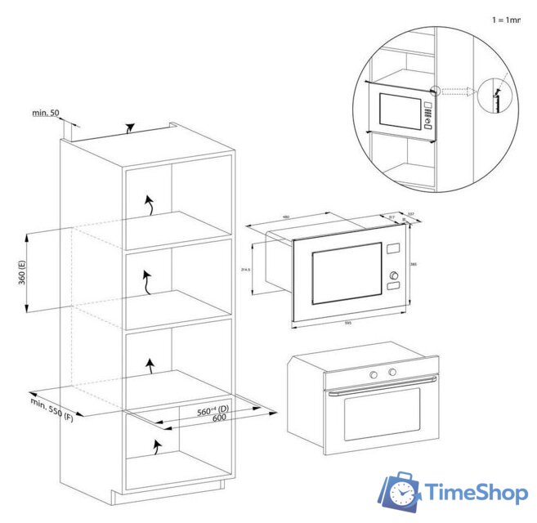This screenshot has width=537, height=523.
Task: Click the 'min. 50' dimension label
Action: tap(46, 113)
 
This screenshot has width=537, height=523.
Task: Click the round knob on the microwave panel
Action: tap(394, 275)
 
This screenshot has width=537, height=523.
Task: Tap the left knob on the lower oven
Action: tap(373, 373)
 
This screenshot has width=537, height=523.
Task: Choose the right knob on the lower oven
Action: tap(392, 373)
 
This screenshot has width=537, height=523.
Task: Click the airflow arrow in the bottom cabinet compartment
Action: tap(155, 445)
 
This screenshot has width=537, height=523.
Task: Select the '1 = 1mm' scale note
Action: tap(506, 18)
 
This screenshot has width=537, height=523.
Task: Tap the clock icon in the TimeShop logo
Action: tap(402, 493)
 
